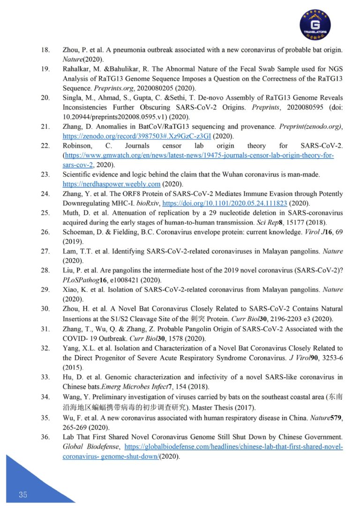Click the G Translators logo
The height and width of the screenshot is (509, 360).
coord(315,24)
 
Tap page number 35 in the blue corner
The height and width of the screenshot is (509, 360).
coord(23,494)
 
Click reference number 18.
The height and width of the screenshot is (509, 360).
coord(45,49)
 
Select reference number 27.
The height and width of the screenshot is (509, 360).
coord(45,251)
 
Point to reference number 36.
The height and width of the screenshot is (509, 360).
coord(45,437)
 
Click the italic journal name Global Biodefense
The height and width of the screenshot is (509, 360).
coord(90,447)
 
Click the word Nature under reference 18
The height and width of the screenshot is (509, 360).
coord(72,59)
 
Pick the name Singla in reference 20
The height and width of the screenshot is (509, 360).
coord(72,97)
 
